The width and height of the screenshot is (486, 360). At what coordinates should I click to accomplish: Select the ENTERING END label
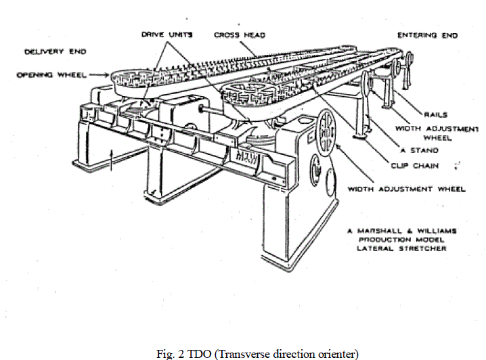pyautogui.click(x=428, y=35)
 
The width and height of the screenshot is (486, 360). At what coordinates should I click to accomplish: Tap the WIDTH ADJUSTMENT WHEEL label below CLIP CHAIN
pyautogui.click(x=407, y=189)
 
